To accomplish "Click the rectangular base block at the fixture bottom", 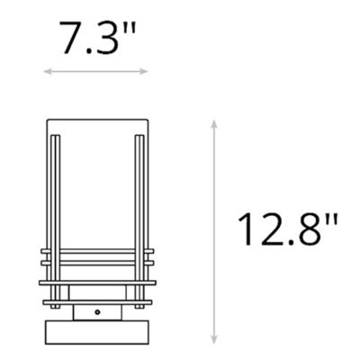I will pos(96,328).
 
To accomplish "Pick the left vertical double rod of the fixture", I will pos(55,216).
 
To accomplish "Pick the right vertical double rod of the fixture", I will pos(137,216).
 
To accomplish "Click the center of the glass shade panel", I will pos(96,189).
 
